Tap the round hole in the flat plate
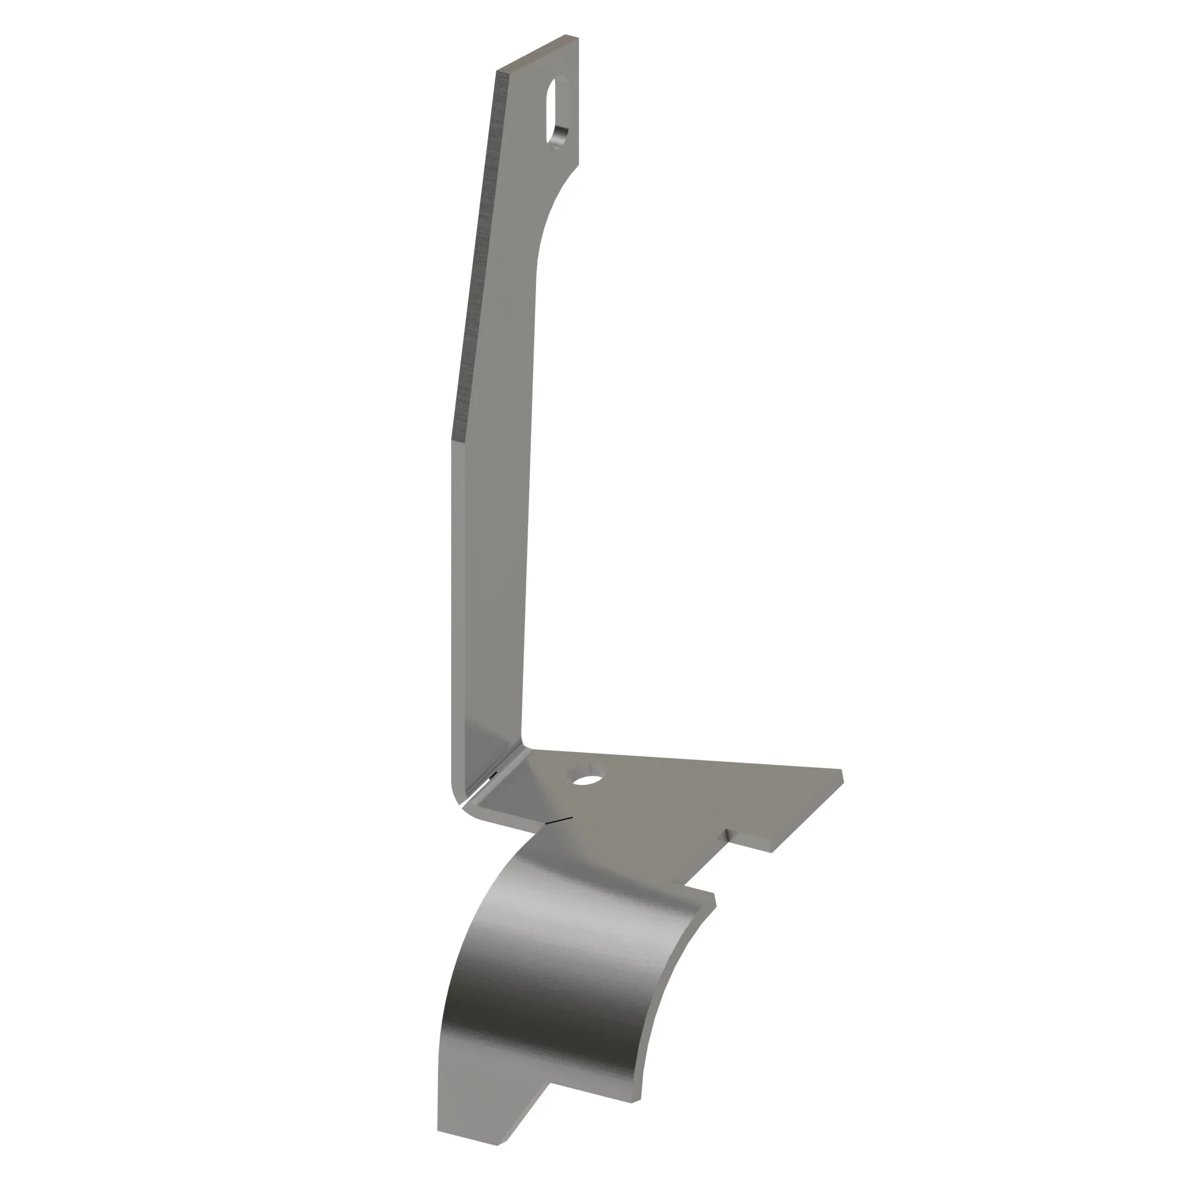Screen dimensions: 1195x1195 click(587, 779)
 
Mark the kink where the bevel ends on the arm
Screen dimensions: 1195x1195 click(454, 440)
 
